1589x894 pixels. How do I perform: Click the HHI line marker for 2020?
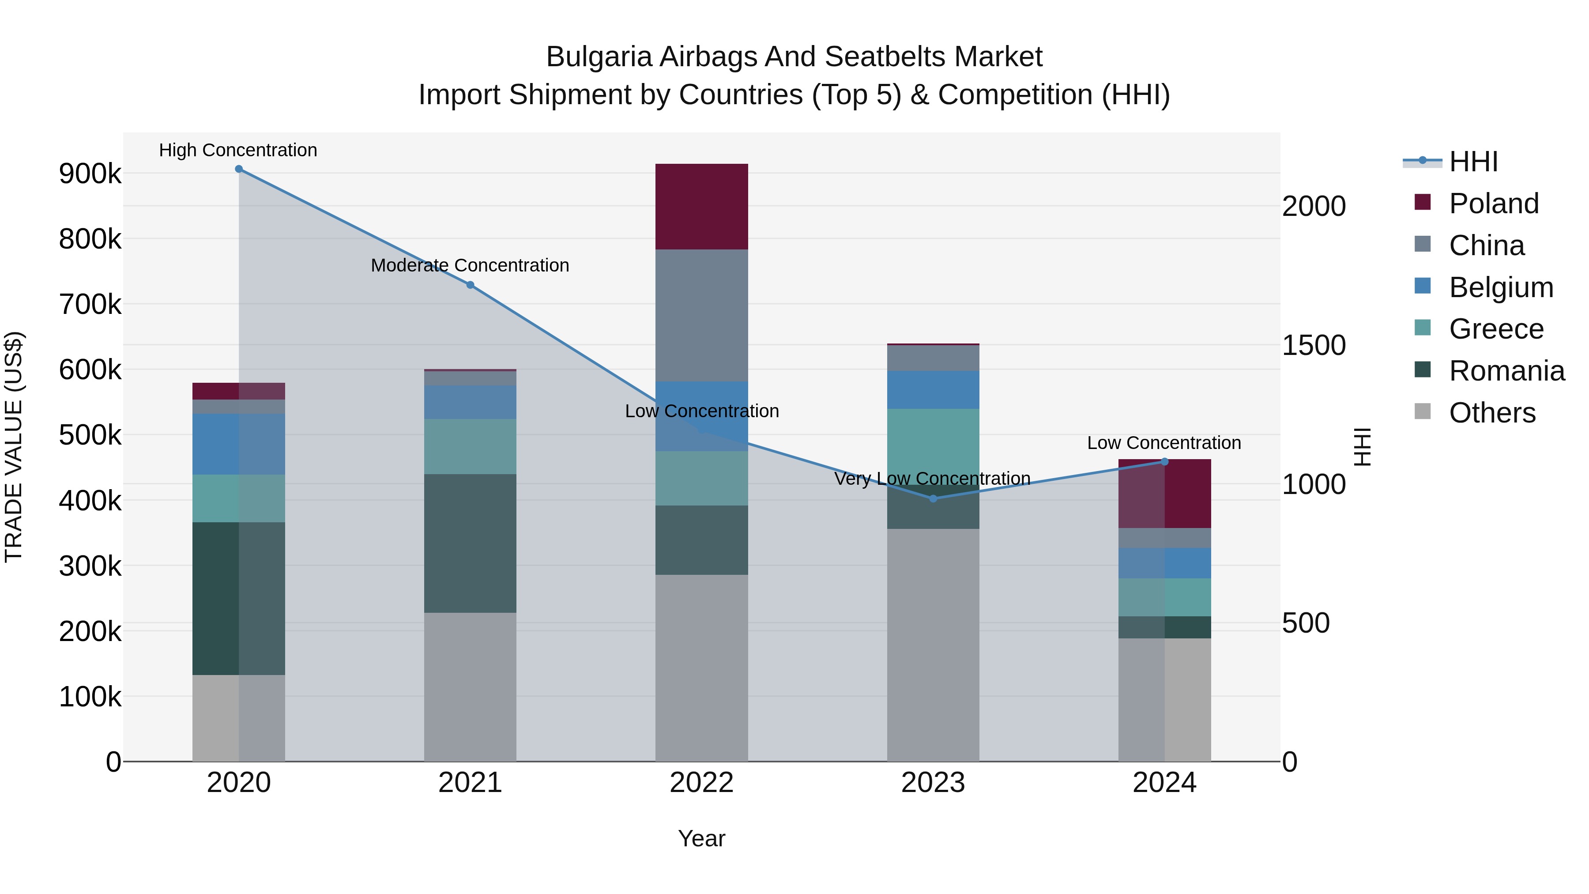(x=239, y=169)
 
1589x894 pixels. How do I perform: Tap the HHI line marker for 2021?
(x=470, y=285)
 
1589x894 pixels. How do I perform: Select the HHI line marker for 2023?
(x=933, y=498)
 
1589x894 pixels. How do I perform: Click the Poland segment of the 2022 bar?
(x=701, y=207)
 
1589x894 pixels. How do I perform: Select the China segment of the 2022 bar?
(x=701, y=315)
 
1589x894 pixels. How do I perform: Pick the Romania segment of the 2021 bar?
(x=470, y=543)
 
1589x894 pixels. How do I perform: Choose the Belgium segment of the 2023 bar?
(x=933, y=389)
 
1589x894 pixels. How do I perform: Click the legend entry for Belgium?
(x=1501, y=287)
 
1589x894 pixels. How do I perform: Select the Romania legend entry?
(x=1506, y=371)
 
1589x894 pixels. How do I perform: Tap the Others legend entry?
(x=1492, y=413)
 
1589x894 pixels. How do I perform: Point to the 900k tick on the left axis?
(x=90, y=174)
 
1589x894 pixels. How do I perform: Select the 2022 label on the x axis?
(x=701, y=783)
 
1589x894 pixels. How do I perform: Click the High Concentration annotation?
(x=238, y=150)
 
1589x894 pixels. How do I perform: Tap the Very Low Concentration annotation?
(x=932, y=479)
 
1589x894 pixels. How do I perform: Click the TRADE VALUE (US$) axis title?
(x=14, y=447)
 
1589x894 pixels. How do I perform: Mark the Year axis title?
(x=701, y=838)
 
